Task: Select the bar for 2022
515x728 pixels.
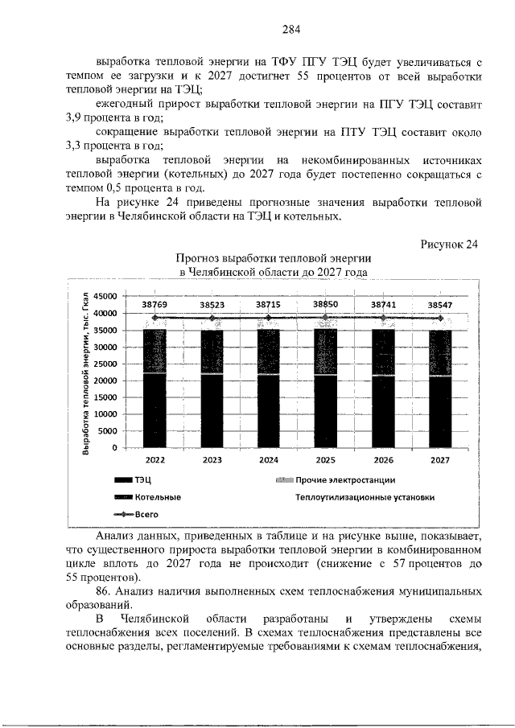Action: [154, 386]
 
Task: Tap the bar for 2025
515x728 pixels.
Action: [325, 386]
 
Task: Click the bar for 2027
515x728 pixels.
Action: [439, 386]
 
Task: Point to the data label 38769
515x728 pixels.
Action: [154, 305]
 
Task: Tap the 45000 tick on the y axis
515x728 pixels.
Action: [106, 296]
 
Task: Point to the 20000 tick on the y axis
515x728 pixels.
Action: [106, 380]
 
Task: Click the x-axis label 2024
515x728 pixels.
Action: [268, 460]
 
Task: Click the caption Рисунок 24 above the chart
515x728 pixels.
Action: [449, 245]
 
